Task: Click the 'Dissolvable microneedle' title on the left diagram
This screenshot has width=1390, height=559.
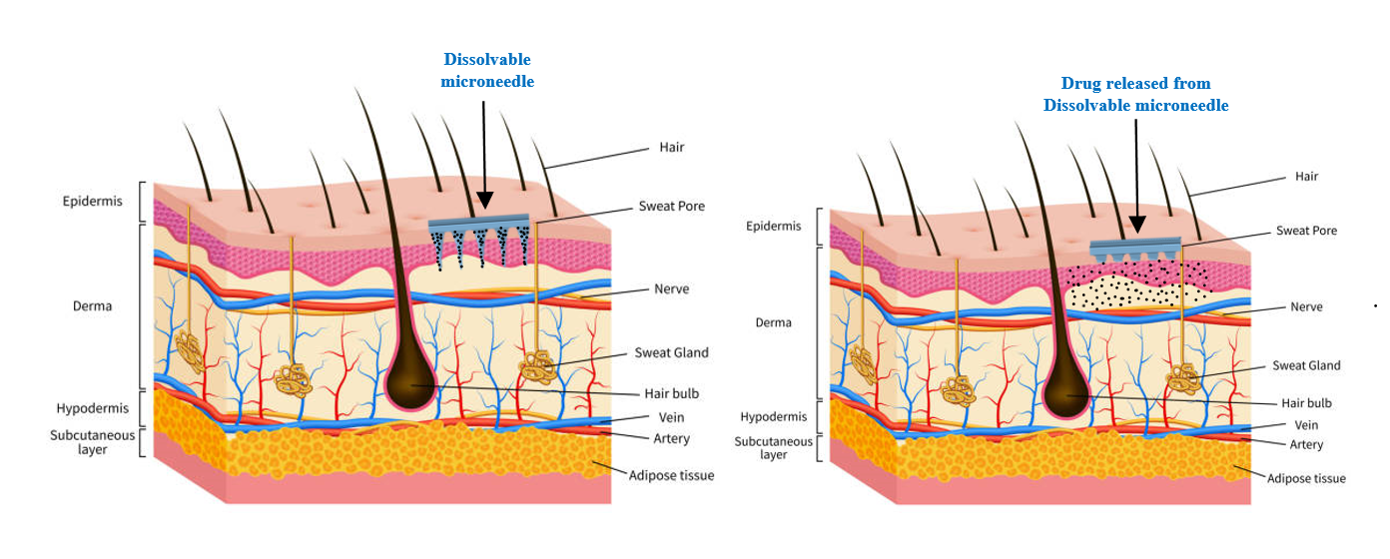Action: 487,71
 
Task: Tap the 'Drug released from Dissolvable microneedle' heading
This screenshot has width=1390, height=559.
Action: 1135,94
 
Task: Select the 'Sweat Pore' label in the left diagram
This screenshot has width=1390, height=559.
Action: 671,207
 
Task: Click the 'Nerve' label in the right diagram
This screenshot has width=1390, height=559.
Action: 1306,306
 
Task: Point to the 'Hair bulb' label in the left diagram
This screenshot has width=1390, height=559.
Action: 666,392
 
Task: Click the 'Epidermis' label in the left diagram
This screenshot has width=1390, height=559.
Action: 92,201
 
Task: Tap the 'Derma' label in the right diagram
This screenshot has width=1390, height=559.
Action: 773,322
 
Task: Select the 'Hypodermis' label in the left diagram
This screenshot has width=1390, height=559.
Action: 91,408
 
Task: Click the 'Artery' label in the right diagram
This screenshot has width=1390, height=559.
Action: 1306,444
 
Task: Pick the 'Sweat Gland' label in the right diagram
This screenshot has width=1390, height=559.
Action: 1306,365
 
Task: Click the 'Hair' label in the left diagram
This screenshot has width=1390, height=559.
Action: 671,147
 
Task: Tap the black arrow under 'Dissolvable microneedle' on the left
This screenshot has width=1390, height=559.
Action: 483,150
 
